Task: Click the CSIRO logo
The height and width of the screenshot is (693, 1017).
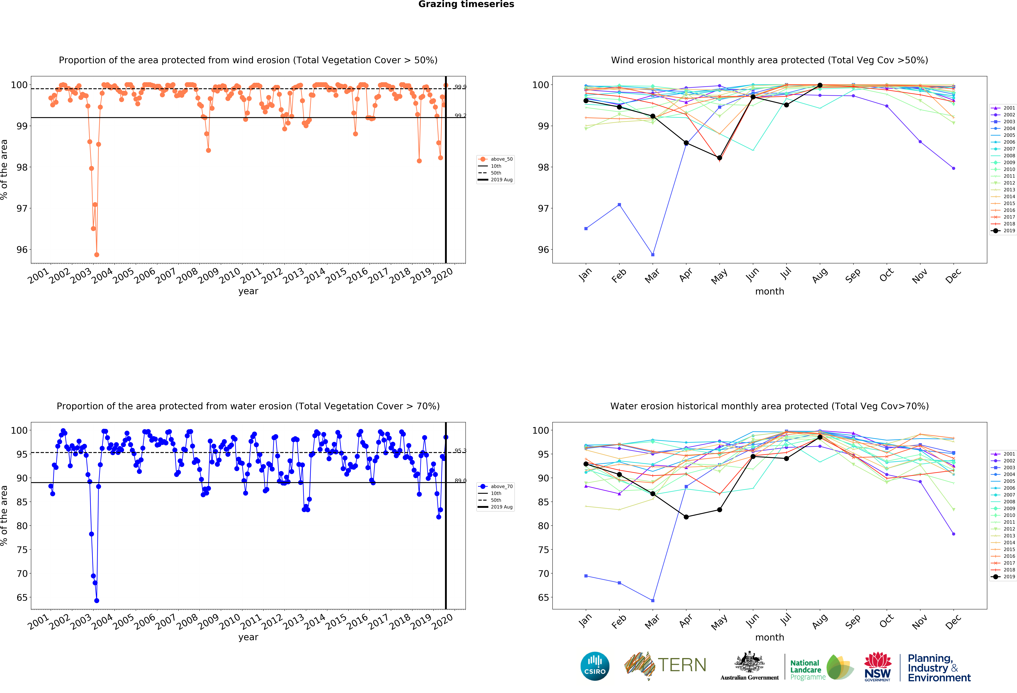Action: click(x=595, y=666)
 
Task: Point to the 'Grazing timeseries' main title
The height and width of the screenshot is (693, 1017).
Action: click(x=466, y=4)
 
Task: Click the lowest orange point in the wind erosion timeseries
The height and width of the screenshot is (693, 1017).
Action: click(x=97, y=255)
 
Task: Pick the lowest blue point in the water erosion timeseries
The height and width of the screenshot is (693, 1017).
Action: click(x=97, y=601)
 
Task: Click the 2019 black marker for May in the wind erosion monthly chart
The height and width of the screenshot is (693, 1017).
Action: click(x=719, y=158)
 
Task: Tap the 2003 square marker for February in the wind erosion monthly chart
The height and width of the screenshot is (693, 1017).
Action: click(x=619, y=205)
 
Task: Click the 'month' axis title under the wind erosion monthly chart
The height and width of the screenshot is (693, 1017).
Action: click(x=769, y=291)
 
